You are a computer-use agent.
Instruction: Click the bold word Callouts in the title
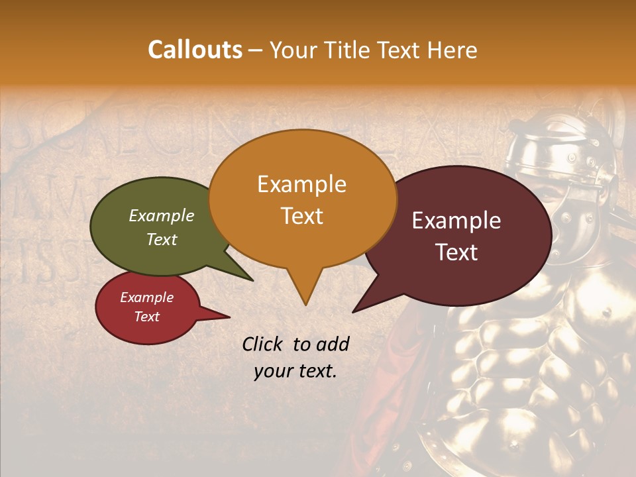(x=195, y=50)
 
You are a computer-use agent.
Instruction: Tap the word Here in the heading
(x=452, y=50)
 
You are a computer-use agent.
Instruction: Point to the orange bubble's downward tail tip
(x=305, y=305)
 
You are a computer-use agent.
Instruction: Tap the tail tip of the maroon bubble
(x=354, y=311)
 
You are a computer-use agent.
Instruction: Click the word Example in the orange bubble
(x=301, y=184)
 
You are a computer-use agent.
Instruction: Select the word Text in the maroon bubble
(x=457, y=252)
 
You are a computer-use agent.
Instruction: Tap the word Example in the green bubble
(x=161, y=216)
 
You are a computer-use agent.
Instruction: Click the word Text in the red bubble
(x=146, y=317)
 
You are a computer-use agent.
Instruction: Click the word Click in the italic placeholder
(x=264, y=344)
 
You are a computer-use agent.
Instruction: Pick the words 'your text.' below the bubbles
(x=295, y=372)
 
